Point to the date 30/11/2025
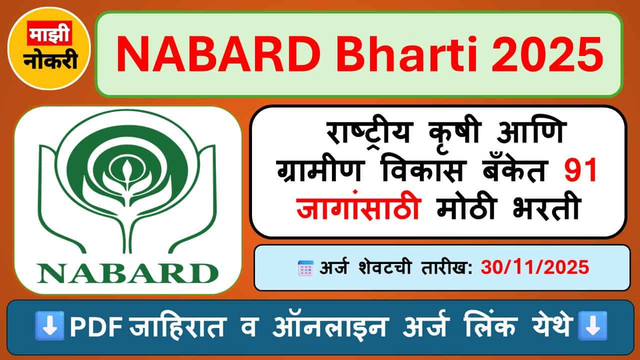click(535, 268)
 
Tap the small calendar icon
click(305, 268)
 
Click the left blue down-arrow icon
click(49, 326)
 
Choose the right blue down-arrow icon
click(592, 326)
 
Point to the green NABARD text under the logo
click(127, 273)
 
